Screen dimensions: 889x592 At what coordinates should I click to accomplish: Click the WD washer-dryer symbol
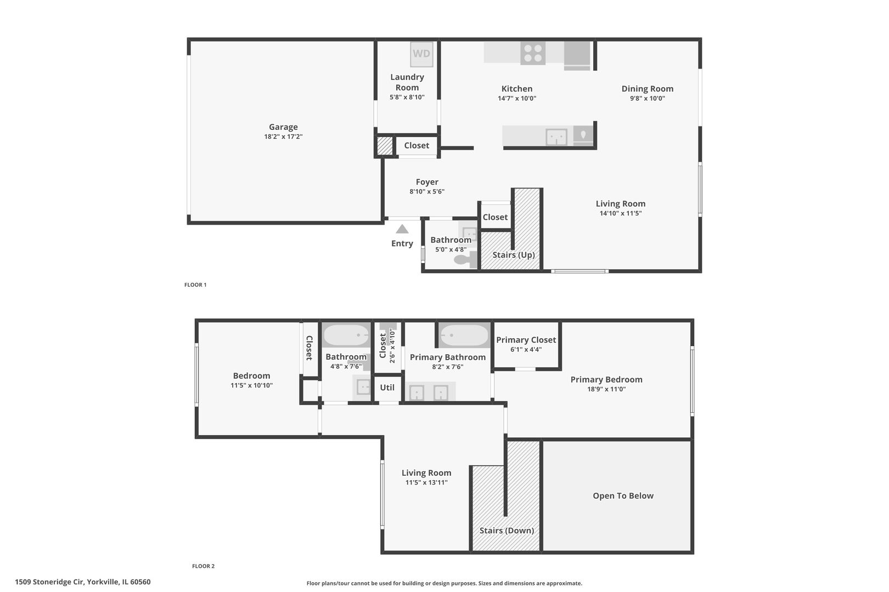[x=421, y=54]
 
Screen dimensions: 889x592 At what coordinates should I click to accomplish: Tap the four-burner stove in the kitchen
[x=533, y=53]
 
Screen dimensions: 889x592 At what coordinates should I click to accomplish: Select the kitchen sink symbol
[x=556, y=137]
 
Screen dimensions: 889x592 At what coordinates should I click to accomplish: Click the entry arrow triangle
[x=402, y=229]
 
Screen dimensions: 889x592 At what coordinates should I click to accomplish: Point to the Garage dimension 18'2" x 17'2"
[x=283, y=136]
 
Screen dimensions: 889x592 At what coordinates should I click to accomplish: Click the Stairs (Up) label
[x=514, y=254]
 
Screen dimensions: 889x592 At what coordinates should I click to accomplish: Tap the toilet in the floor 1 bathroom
[x=465, y=259]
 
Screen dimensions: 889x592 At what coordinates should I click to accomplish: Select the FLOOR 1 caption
[x=195, y=284]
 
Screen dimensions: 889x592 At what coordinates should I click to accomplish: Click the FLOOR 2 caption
[x=203, y=566]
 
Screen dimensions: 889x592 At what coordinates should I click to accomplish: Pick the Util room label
[x=387, y=388]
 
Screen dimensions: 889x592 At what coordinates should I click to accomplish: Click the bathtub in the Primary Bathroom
[x=464, y=335]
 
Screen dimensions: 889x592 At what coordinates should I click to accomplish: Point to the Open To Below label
[x=623, y=496]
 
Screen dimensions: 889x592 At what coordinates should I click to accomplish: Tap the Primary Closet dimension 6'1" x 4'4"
[x=526, y=349]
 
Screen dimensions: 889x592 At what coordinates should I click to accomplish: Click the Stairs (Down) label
[x=507, y=531]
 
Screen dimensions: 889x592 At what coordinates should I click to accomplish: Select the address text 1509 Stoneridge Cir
[x=49, y=582]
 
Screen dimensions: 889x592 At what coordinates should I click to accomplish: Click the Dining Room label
[x=648, y=89]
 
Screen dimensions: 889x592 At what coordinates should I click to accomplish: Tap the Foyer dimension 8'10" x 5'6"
[x=427, y=191]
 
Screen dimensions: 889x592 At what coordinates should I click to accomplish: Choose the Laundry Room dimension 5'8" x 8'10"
[x=407, y=97]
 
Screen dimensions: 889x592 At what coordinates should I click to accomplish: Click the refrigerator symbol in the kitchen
[x=577, y=56]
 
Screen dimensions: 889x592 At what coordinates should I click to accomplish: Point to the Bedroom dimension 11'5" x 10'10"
[x=252, y=385]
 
